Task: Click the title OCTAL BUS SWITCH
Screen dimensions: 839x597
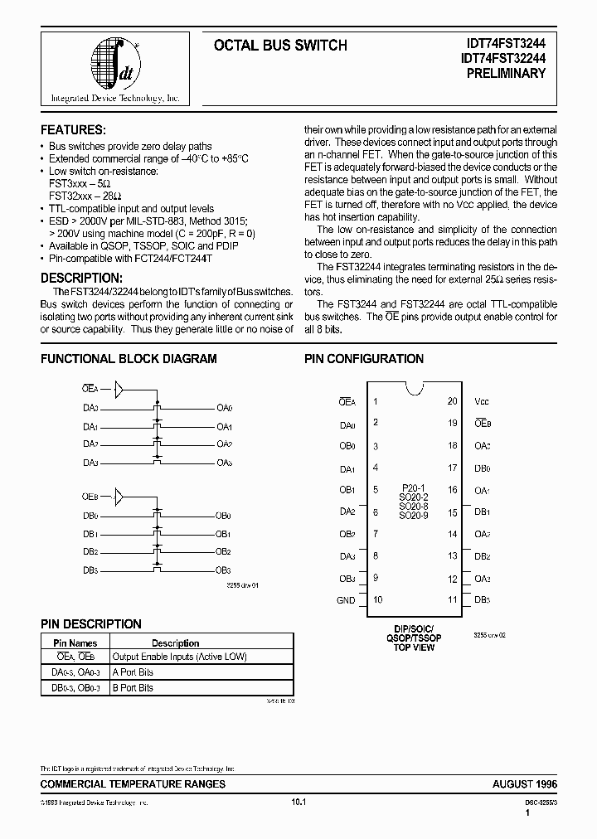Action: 280,46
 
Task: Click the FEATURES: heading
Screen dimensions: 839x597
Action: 73,130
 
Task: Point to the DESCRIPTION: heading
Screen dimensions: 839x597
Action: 81,278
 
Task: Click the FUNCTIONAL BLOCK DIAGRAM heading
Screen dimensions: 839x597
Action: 129,359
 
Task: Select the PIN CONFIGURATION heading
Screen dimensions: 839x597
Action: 364,359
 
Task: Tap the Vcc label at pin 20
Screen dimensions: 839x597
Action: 482,400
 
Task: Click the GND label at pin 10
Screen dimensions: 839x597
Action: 346,600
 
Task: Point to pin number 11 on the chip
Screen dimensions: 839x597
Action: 452,599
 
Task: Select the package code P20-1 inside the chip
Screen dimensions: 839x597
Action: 414,488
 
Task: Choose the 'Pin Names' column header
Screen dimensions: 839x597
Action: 75,643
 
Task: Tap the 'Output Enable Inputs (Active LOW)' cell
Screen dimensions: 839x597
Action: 180,657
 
